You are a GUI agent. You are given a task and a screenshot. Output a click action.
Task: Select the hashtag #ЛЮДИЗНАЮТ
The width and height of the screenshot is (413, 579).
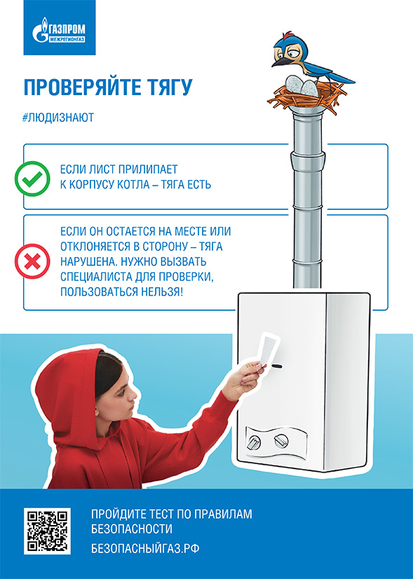(x=58, y=118)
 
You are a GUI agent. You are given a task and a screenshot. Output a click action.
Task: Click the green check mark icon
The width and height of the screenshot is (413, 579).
(x=32, y=179)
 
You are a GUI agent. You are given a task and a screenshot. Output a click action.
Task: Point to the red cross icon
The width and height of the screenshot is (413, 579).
(x=32, y=261)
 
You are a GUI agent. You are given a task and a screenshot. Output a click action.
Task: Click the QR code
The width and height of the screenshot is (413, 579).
(x=47, y=531)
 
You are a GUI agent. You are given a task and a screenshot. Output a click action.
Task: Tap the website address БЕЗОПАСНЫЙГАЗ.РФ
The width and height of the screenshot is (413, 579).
(x=145, y=548)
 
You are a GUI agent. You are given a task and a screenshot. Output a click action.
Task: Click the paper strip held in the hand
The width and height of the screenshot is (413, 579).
(x=269, y=349)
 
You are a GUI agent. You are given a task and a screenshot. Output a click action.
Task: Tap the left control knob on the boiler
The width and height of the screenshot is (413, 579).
(x=254, y=442)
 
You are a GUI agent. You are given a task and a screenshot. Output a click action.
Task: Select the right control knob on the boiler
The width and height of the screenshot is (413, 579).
(x=281, y=440)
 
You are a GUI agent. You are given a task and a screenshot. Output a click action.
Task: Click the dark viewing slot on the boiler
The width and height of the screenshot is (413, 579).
(x=276, y=366)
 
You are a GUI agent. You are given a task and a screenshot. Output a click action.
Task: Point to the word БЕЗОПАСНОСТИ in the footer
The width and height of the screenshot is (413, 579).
(x=132, y=529)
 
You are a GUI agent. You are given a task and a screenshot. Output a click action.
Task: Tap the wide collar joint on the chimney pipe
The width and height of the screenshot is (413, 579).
(x=308, y=160)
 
